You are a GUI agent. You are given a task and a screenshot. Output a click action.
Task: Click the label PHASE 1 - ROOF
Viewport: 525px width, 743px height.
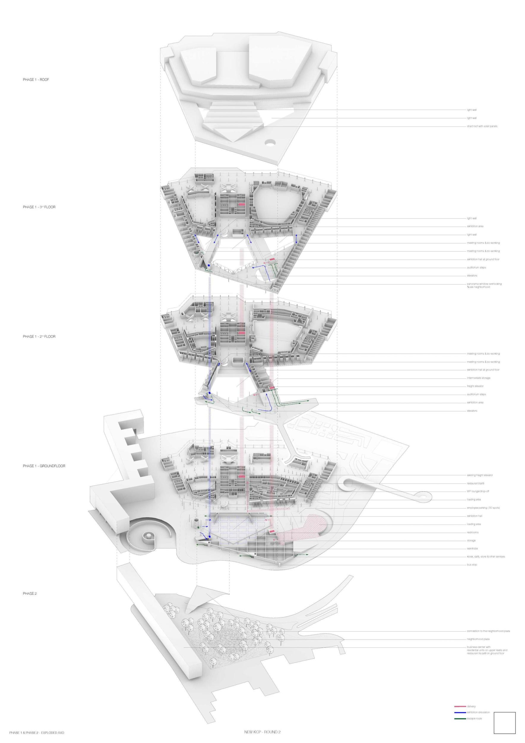(x=36, y=80)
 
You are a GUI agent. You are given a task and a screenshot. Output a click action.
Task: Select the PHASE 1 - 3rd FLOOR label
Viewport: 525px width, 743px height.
(x=39, y=207)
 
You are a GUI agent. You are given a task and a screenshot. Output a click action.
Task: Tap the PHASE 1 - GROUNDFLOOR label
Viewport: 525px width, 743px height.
(x=44, y=466)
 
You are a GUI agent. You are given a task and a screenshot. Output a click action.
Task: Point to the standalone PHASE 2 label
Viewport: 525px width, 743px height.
(x=30, y=594)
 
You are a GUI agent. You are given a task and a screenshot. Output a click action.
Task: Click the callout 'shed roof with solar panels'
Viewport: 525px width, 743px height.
(x=482, y=126)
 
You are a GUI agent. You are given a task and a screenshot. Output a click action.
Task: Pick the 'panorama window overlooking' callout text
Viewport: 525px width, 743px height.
(x=484, y=284)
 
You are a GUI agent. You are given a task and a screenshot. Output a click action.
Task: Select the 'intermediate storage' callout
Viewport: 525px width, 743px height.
(x=478, y=378)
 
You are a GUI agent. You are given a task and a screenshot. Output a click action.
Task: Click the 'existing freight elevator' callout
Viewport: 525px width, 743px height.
(x=480, y=475)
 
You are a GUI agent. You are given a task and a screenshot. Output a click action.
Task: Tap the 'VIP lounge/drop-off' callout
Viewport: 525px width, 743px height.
(x=478, y=491)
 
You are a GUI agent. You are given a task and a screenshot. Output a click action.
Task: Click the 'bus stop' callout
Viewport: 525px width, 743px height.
(x=472, y=565)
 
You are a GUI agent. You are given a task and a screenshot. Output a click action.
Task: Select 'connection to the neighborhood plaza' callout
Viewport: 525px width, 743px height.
(x=488, y=631)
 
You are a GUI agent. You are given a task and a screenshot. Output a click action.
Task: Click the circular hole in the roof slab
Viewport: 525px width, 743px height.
(x=270, y=142)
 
